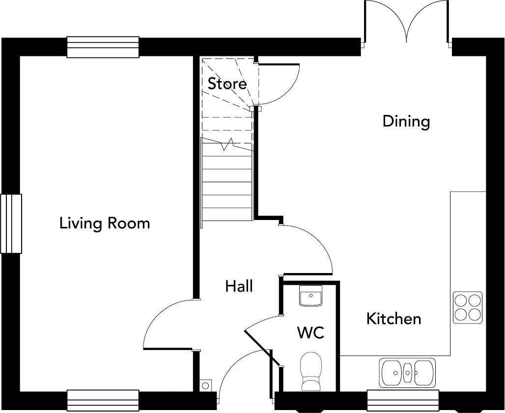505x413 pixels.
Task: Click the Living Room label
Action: coord(105,223)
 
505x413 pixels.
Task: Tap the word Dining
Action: coord(406,122)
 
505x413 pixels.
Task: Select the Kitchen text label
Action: coord(394,319)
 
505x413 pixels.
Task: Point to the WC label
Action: coord(310,332)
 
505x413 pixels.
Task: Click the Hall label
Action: coord(239,286)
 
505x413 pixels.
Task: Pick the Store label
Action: coord(227,83)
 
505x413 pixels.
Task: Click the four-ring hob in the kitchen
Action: coord(468,307)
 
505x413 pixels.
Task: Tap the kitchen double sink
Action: coord(407,372)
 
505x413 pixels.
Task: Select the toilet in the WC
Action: coord(311,371)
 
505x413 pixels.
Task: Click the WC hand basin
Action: coord(310,296)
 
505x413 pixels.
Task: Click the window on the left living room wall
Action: coord(11,223)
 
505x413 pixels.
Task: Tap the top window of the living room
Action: coord(103,47)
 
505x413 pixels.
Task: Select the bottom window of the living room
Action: coord(103,401)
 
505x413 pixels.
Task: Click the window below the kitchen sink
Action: coord(403,401)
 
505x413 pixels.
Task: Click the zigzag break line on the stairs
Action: coord(227,144)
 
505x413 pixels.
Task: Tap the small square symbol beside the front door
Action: coord(205,385)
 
